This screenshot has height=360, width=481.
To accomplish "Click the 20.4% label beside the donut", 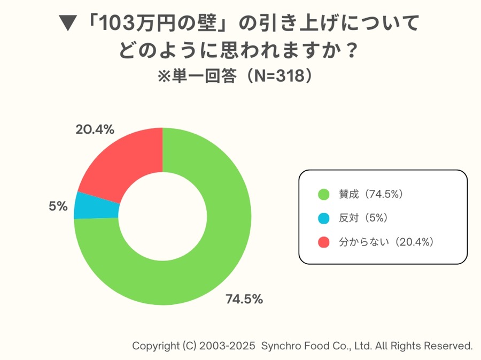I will [95, 129].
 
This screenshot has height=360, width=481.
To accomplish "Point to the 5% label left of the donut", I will [58, 206].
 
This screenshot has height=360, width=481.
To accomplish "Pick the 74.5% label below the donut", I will [244, 299].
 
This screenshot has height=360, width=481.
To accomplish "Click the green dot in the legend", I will [323, 194].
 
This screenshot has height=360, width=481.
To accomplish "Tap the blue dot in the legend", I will [323, 218].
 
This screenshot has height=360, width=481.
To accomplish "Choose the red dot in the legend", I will [323, 242].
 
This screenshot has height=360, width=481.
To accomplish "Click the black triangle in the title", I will [67, 24].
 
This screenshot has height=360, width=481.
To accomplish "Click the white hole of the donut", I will [162, 216].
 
